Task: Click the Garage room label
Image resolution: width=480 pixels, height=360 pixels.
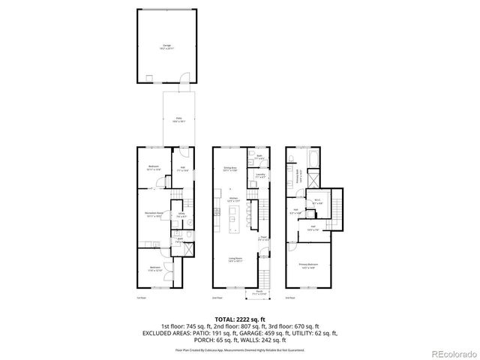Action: point(166,46)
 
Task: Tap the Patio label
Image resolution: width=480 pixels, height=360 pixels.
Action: point(178,119)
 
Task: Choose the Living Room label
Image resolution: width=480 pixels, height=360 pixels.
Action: point(235,260)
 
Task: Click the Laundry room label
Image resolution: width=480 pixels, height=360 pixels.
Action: point(260,176)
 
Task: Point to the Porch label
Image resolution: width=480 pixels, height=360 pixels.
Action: point(257,292)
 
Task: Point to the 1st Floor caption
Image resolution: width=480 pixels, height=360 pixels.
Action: point(141,298)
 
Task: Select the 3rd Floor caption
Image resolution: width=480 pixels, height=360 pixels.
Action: point(289,298)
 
